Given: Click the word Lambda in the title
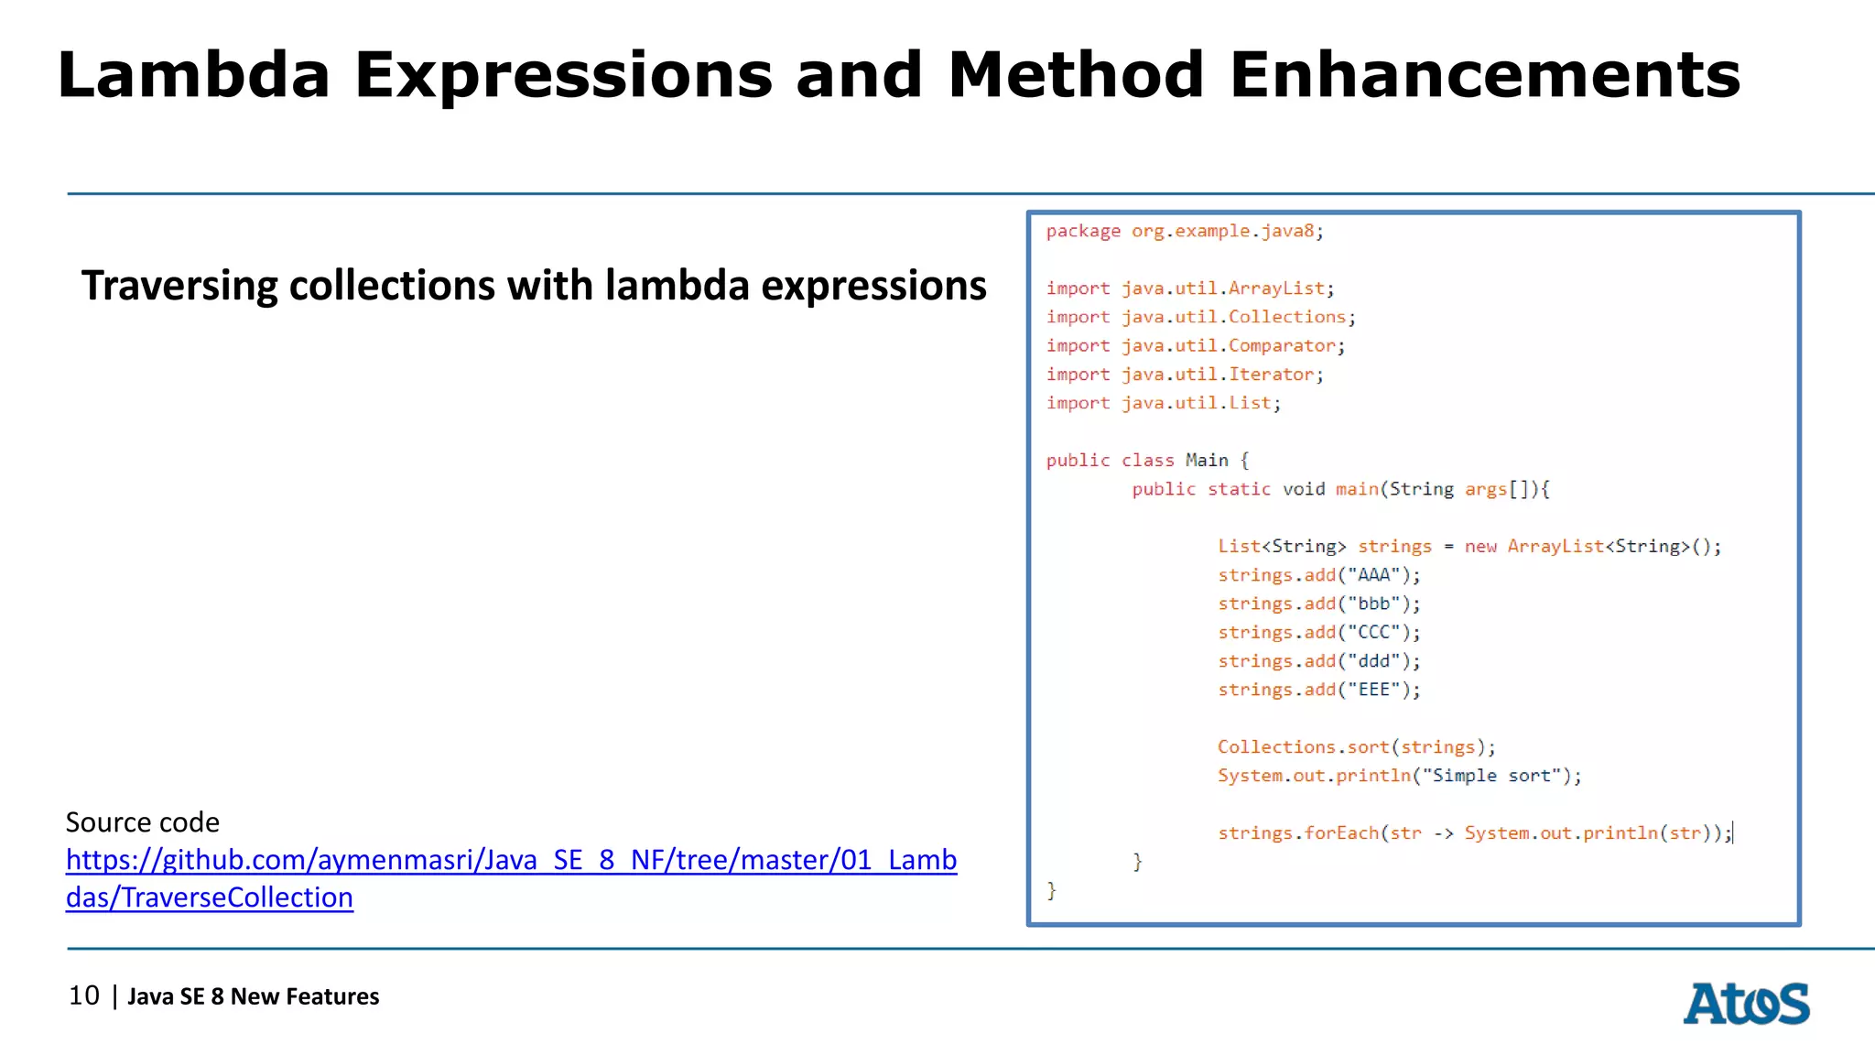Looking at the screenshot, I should [193, 75].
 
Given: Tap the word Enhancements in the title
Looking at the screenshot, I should [1484, 75].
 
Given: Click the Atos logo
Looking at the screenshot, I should [1746, 1003].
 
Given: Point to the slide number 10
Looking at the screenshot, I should [84, 995].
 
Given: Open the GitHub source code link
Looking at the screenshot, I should [511, 860].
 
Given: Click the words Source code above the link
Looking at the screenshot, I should [143, 822].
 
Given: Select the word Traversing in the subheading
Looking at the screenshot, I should [179, 286].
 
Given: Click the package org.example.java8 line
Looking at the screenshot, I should [1185, 231].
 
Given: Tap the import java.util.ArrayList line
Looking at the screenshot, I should [1190, 288].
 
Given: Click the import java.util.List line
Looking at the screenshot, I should [1163, 403].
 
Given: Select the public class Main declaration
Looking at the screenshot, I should [1146, 461].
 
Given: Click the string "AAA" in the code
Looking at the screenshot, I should [1374, 575].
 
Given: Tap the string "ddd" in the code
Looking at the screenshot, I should [1374, 661].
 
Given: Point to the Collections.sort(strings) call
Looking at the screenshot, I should [1356, 747].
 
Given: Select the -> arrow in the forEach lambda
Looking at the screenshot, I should [1444, 833].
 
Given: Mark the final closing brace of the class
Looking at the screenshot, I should [1052, 890].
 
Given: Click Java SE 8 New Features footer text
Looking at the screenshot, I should [253, 996].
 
